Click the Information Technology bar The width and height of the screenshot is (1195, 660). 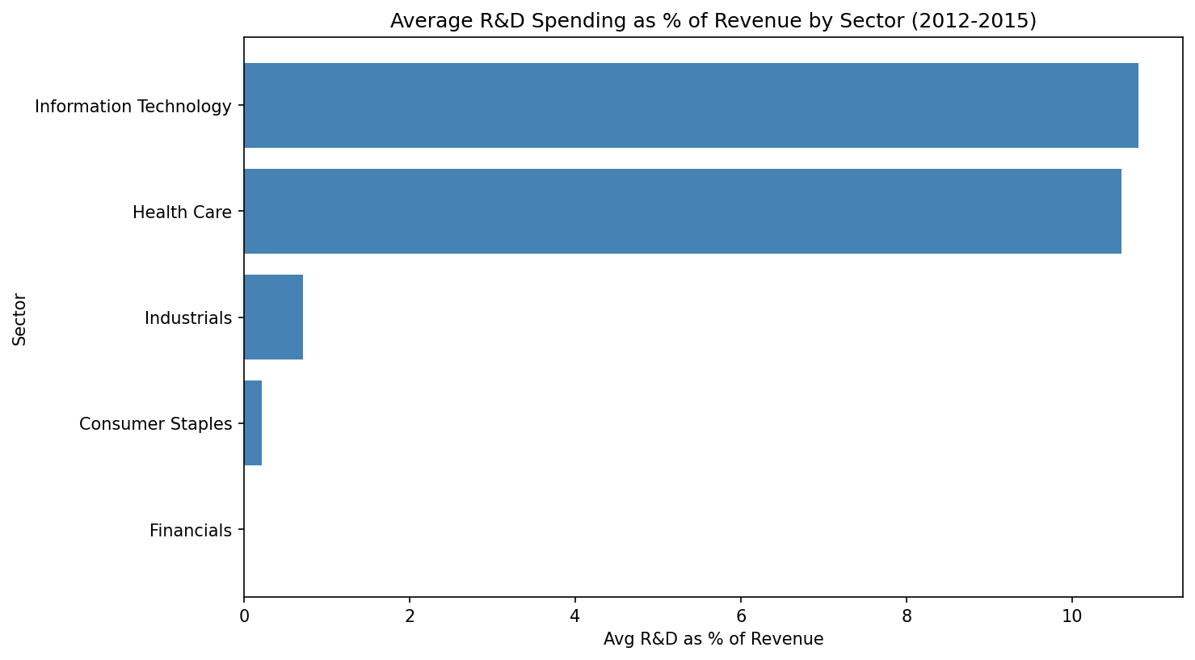pos(691,106)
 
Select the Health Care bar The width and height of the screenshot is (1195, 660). pos(683,212)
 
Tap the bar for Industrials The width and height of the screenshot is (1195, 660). pos(273,317)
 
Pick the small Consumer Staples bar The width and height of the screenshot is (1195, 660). pos(253,423)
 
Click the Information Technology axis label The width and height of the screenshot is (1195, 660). pos(133,107)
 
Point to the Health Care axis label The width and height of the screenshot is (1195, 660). pos(182,212)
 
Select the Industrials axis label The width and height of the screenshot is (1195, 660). pos(188,318)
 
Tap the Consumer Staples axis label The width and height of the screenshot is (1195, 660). pos(155,424)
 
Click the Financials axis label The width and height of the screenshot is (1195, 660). pos(191,531)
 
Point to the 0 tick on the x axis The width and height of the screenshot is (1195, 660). pos(244,616)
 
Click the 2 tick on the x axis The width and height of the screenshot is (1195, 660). pos(410,616)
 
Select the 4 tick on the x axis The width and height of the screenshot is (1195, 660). pos(575,616)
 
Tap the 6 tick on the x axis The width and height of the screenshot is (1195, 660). pos(741,616)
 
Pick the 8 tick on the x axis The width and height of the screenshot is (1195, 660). pos(907,616)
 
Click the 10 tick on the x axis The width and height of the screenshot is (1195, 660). pos(1072,616)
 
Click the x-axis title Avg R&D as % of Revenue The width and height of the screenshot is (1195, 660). pos(713,640)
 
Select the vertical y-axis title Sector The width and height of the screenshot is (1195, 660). pos(19,319)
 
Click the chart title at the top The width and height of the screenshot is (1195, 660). pos(713,21)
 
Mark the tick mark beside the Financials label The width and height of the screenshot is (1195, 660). pos(241,530)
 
